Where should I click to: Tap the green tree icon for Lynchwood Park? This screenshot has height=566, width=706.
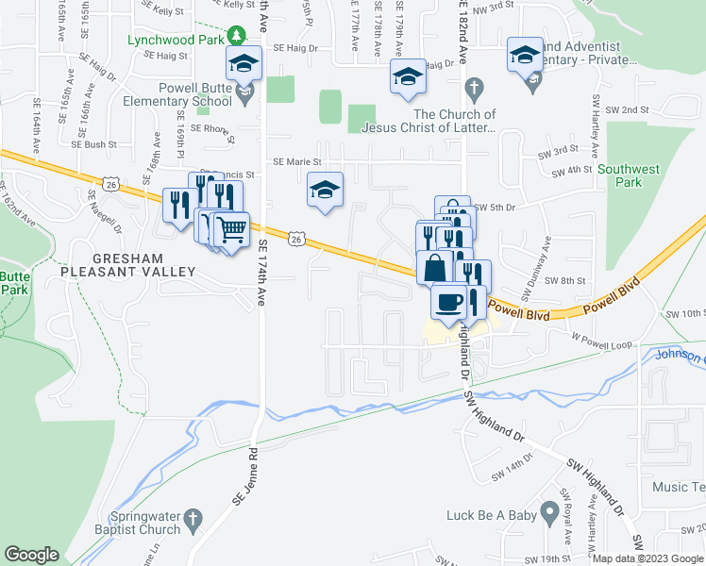click(x=234, y=38)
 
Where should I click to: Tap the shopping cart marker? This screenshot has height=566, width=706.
click(x=231, y=229)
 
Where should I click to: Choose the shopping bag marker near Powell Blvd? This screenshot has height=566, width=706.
click(x=434, y=267)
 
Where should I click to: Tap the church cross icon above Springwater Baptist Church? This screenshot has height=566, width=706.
click(x=193, y=517)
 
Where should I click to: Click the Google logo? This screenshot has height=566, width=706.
click(x=33, y=555)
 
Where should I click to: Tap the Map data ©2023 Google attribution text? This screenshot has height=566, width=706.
click(x=647, y=558)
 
